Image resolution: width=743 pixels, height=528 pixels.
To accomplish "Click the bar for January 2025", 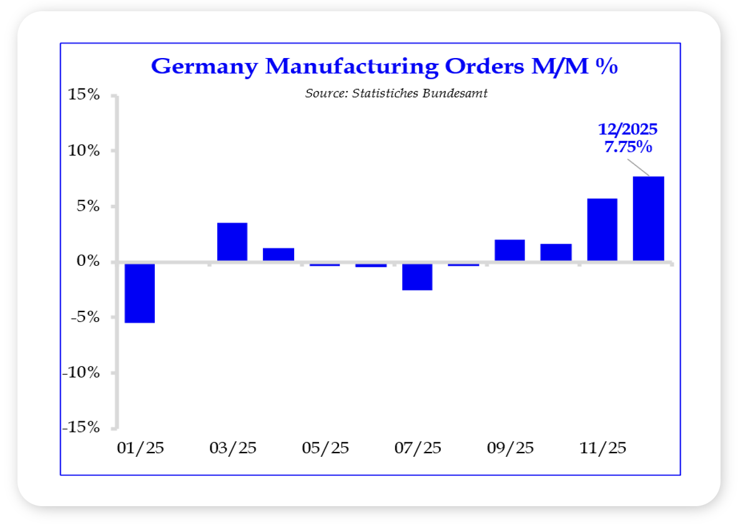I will [x=139, y=293].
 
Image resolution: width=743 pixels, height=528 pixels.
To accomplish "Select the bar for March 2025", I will [x=232, y=242].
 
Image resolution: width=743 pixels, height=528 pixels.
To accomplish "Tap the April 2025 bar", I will [x=278, y=255].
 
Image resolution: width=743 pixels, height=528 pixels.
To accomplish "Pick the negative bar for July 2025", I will [x=416, y=276].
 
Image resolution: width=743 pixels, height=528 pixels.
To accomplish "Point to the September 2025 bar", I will [x=509, y=250].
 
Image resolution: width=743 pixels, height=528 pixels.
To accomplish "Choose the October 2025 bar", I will [x=556, y=252].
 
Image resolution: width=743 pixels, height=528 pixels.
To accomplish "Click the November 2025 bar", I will [x=602, y=230].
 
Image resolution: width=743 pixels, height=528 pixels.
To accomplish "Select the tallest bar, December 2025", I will [x=648, y=219].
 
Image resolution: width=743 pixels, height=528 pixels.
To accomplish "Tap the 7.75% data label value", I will [x=627, y=149].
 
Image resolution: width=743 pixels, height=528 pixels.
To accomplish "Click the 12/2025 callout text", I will [x=627, y=130].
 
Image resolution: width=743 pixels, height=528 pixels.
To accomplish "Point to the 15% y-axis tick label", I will [x=84, y=95].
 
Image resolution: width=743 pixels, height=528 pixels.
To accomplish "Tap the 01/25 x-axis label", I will [x=140, y=448].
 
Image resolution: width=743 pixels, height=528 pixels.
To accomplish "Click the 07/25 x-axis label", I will [x=417, y=448].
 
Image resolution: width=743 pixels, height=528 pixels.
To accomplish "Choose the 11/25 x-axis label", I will [x=602, y=448].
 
